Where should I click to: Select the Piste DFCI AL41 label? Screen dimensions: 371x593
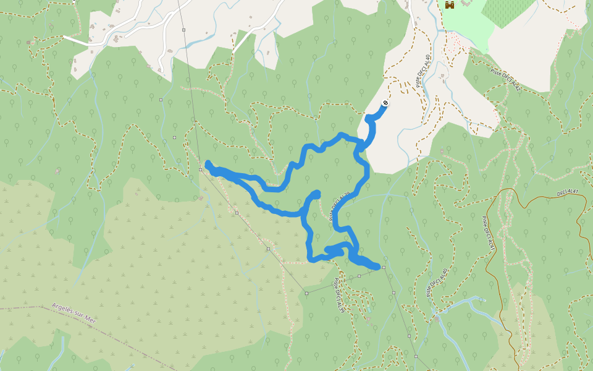[x=488, y=233]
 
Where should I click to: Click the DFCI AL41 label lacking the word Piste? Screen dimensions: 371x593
[x=571, y=192]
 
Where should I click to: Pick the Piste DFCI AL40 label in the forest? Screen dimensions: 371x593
[x=436, y=282]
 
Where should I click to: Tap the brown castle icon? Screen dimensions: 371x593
[x=450, y=4]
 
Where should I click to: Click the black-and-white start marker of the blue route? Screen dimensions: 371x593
[x=385, y=103]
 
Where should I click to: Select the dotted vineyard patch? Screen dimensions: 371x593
[x=507, y=11]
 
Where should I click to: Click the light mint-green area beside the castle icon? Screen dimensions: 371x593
[x=463, y=25]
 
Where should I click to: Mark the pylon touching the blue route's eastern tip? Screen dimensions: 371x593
[x=384, y=267]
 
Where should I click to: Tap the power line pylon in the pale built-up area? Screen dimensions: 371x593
[x=183, y=29]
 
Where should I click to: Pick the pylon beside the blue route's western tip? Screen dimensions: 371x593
[x=200, y=169]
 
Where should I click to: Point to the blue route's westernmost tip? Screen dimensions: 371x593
[x=208, y=164]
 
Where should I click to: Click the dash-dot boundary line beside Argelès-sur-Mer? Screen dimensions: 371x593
[x=25, y=306]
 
